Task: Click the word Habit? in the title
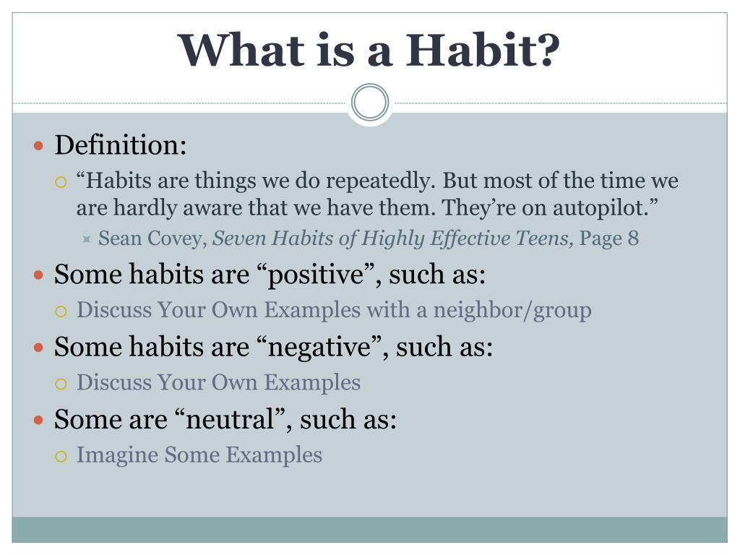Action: point(482,50)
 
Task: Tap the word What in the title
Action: point(241,50)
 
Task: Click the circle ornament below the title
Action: point(370,103)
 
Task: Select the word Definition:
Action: point(121,145)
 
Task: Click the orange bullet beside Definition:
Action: point(39,145)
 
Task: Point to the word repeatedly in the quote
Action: point(379,181)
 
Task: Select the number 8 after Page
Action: point(633,238)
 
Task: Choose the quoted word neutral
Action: point(230,419)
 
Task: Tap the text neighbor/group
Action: point(512,311)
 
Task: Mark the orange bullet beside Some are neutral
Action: point(39,420)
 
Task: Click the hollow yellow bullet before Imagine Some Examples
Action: point(61,457)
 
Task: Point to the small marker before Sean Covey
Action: point(87,239)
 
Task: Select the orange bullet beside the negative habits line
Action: point(39,348)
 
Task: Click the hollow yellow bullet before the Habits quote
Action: point(61,182)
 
